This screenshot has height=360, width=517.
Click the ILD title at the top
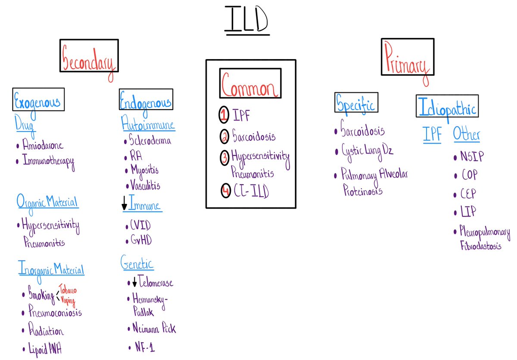246,22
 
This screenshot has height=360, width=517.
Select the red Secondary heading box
89,61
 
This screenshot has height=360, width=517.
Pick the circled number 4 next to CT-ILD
226,191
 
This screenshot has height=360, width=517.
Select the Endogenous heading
146,100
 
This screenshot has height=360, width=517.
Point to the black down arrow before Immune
125,203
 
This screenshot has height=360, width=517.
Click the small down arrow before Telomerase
134,283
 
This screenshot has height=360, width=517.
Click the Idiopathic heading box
447,106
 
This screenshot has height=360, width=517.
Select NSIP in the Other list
471,157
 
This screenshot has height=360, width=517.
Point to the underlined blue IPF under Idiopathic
432,135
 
